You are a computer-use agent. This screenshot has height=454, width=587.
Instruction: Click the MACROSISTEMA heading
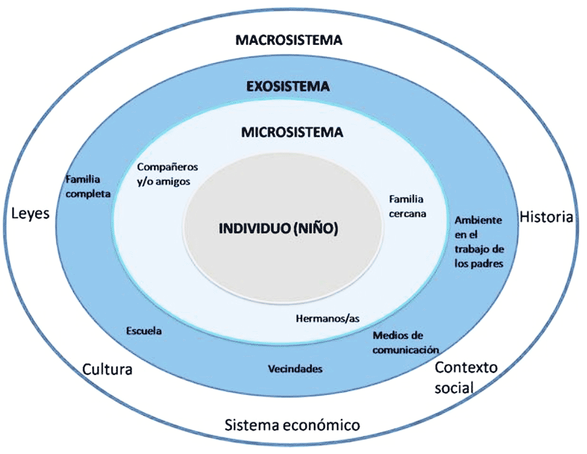[288, 40]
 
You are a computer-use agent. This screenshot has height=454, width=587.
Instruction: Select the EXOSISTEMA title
[288, 87]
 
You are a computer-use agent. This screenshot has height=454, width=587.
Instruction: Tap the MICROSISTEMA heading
[292, 132]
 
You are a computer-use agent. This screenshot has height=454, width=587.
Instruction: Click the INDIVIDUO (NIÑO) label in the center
[279, 228]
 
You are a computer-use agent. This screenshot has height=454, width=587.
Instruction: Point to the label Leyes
[31, 214]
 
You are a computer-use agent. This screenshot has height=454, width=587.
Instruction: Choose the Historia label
[547, 217]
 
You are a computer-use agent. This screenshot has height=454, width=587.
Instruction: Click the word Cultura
[107, 369]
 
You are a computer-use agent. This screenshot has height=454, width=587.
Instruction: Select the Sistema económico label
[292, 425]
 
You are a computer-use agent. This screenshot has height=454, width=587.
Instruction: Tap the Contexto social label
[466, 377]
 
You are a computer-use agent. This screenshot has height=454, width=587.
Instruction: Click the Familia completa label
[88, 186]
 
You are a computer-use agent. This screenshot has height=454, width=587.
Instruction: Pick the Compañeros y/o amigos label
[167, 174]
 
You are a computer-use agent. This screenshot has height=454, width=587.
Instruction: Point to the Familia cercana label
[408, 206]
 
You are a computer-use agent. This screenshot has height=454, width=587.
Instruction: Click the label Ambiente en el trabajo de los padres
[479, 242]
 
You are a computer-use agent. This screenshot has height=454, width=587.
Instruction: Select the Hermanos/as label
[328, 318]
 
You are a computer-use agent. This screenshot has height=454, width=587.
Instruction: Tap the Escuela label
[144, 331]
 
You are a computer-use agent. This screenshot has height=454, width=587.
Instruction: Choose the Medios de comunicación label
[406, 342]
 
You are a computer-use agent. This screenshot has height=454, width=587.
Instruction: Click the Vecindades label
[296, 369]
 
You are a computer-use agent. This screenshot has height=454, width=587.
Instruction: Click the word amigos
[173, 181]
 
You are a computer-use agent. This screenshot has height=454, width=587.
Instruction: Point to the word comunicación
[406, 350]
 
